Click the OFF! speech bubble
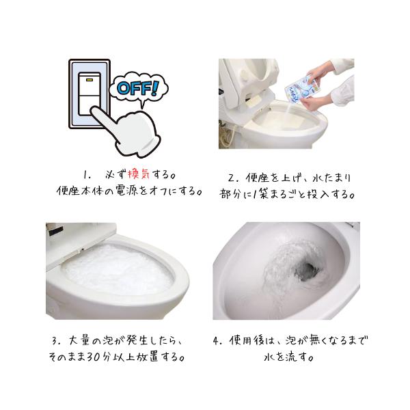[x=138, y=89]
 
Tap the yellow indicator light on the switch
[x=90, y=79]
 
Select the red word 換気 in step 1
[x=139, y=174]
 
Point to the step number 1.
[x=87, y=175]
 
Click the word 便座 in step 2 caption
[x=258, y=178]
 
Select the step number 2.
[x=232, y=178]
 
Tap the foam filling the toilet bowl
[x=118, y=269]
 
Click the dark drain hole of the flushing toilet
[x=306, y=271]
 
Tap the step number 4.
[x=217, y=341]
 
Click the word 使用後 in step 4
[x=247, y=340]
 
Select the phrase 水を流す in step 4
[x=288, y=357]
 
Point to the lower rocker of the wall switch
[x=90, y=105]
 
